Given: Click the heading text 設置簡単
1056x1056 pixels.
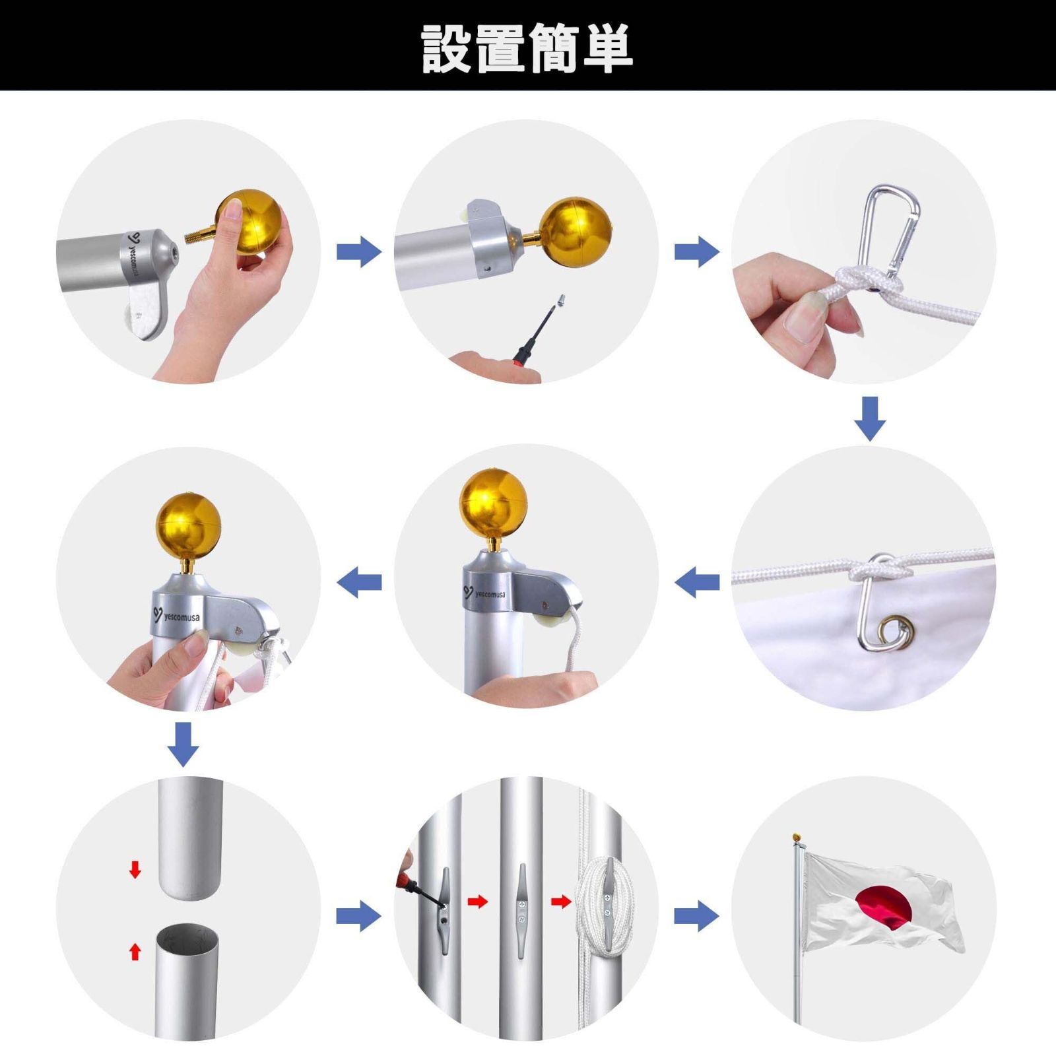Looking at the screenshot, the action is [x=527, y=48].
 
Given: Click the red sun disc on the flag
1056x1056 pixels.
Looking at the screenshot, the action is [x=884, y=908].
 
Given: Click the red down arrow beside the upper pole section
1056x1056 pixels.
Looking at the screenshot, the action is [x=135, y=869].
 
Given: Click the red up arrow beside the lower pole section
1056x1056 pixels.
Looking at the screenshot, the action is [x=135, y=951].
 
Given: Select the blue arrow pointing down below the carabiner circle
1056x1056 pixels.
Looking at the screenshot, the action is [x=870, y=418].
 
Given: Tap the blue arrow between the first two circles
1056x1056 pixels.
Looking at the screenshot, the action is [x=359, y=251].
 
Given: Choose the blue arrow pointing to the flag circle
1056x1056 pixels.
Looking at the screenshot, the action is [x=696, y=916].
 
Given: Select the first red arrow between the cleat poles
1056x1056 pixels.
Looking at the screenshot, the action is [x=477, y=901].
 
